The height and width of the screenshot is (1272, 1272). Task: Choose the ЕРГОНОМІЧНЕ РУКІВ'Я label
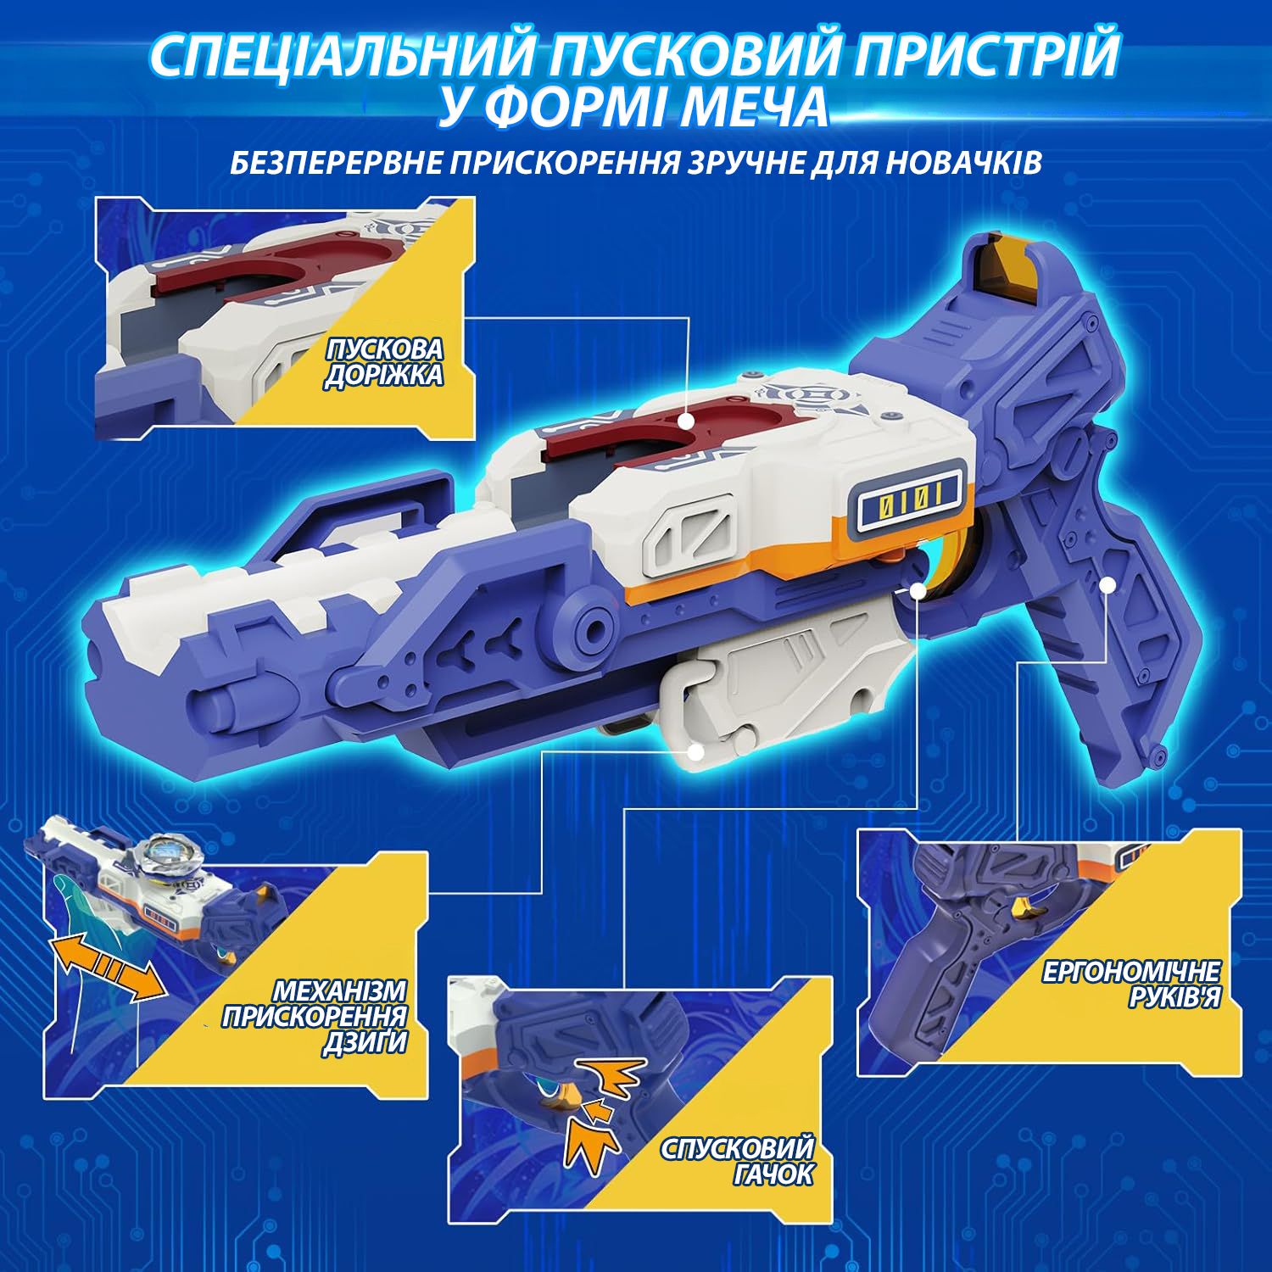point(1132,985)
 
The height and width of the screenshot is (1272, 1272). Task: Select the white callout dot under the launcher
point(696,752)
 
